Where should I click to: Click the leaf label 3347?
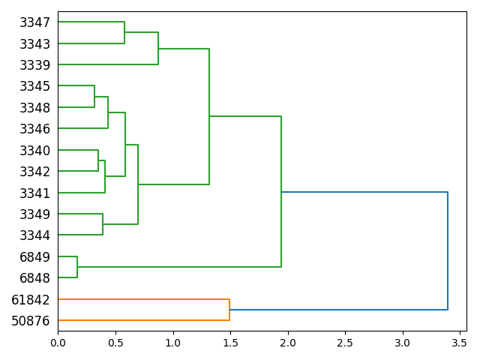(x=34, y=22)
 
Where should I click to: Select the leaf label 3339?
(x=34, y=65)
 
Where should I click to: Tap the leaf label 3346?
(x=34, y=129)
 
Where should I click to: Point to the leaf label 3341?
(x=34, y=193)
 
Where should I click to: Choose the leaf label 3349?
(x=34, y=214)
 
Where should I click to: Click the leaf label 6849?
(x=34, y=257)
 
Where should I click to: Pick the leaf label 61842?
(x=31, y=300)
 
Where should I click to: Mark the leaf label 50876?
(x=31, y=321)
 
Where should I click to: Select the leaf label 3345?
(x=34, y=86)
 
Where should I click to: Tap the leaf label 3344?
(x=34, y=235)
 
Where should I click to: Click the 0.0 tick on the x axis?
(x=58, y=342)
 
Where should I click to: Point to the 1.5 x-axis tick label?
(x=230, y=342)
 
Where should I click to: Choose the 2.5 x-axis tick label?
(x=345, y=342)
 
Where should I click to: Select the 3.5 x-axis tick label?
(x=460, y=342)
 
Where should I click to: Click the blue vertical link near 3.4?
(x=448, y=250)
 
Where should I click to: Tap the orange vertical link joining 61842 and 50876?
(x=229, y=310)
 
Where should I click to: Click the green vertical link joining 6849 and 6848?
(x=77, y=267)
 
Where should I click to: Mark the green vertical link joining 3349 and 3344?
(x=103, y=224)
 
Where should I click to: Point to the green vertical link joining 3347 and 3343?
(x=124, y=33)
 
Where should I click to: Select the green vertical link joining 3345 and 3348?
(x=94, y=97)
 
